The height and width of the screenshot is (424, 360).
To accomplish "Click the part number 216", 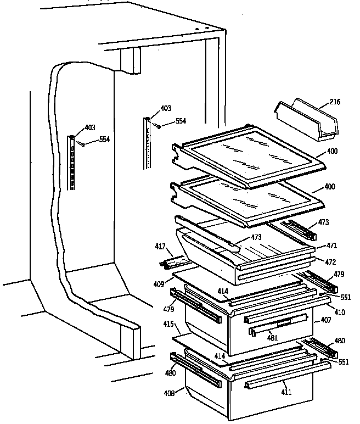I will [335, 102].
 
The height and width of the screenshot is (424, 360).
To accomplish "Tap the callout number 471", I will [332, 245].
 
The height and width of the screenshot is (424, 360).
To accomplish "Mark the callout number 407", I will [326, 320].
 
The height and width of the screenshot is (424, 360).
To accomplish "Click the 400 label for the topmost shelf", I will [332, 151].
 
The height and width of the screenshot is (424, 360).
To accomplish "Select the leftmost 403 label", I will [89, 128].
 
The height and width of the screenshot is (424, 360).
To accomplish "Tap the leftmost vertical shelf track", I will [72, 162].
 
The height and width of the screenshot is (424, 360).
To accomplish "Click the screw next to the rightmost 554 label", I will [157, 126].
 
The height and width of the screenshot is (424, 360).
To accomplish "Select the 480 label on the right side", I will [340, 341].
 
